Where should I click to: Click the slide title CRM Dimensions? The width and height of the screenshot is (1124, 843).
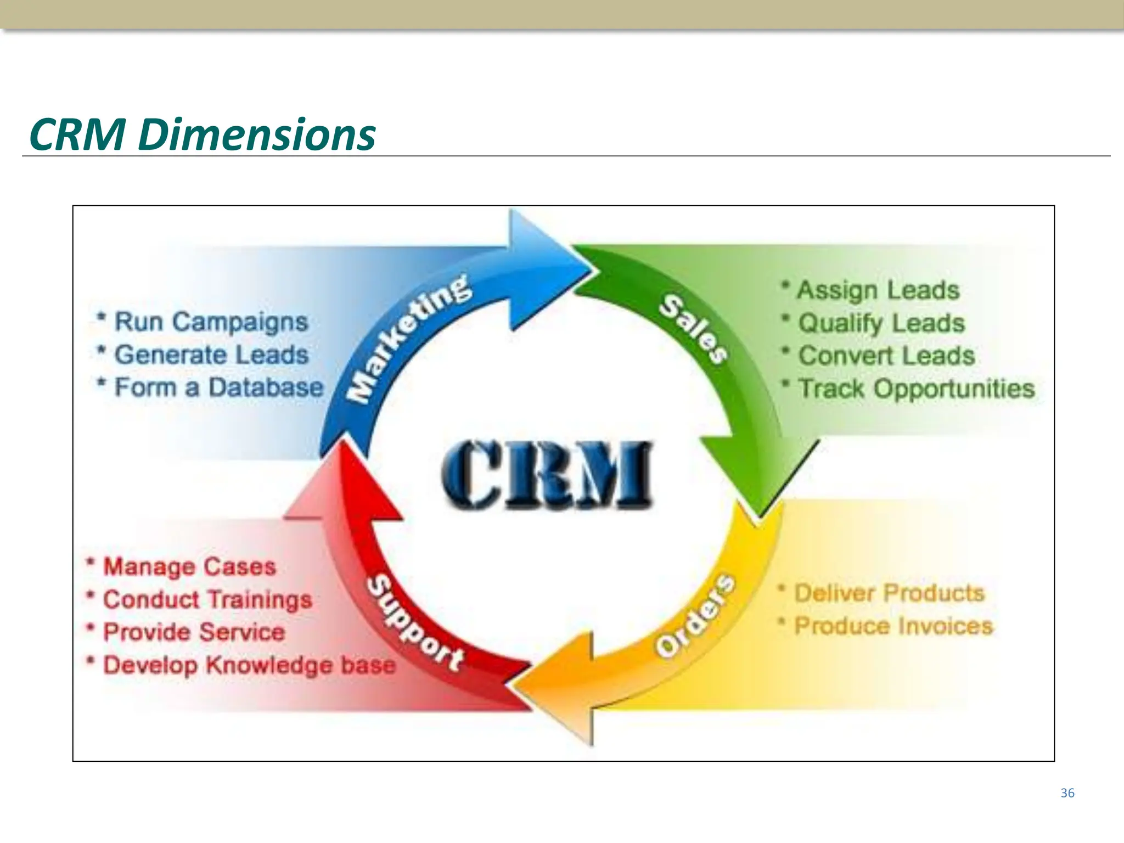pyautogui.click(x=202, y=134)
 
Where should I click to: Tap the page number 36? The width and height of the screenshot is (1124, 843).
pyautogui.click(x=1067, y=793)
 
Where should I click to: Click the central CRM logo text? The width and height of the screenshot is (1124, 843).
pyautogui.click(x=547, y=475)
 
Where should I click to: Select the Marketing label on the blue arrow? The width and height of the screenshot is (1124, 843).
pyautogui.click(x=409, y=339)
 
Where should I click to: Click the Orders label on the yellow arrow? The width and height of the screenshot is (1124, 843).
pyautogui.click(x=696, y=616)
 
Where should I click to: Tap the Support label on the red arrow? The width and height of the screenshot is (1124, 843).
pyautogui.click(x=415, y=623)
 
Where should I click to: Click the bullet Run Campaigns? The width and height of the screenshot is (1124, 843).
pyautogui.click(x=211, y=322)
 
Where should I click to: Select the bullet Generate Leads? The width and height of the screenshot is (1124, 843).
pyautogui.click(x=211, y=355)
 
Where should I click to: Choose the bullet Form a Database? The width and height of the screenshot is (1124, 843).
pyautogui.click(x=218, y=387)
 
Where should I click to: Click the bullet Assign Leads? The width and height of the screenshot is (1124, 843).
pyautogui.click(x=878, y=290)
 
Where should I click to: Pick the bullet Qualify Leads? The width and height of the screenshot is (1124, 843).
pyautogui.click(x=881, y=323)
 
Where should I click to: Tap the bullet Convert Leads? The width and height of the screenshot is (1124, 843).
pyautogui.click(x=886, y=356)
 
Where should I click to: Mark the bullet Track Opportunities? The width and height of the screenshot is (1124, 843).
pyautogui.click(x=915, y=389)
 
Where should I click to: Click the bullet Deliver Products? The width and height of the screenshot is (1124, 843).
pyautogui.click(x=889, y=593)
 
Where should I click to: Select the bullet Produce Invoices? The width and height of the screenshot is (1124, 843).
pyautogui.click(x=893, y=626)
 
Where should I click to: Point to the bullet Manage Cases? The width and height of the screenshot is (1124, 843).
pyautogui.click(x=189, y=567)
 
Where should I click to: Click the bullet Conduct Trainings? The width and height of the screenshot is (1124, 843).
pyautogui.click(x=207, y=600)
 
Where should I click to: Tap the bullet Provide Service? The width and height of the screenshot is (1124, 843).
pyautogui.click(x=194, y=632)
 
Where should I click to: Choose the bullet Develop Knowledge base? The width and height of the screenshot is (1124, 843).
pyautogui.click(x=249, y=665)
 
